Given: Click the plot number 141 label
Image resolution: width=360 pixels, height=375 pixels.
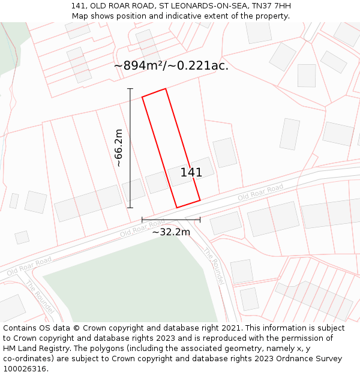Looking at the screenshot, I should click(191, 173).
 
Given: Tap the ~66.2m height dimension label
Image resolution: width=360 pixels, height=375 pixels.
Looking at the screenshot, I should click(118, 148).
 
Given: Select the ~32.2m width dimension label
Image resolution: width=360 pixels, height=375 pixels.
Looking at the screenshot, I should click(170, 232).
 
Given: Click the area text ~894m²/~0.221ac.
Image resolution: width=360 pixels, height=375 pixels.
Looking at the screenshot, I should click(171, 66).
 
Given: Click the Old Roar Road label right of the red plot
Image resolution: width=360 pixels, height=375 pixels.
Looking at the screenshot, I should click(260, 193).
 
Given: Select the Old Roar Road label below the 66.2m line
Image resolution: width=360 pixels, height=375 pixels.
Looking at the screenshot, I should click(142, 228).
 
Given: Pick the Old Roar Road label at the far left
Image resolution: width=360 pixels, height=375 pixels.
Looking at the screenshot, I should click(29, 267).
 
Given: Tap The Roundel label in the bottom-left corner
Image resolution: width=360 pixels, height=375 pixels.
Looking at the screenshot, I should click(40, 297).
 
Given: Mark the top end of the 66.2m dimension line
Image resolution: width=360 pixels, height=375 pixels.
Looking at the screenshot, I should click(130, 89).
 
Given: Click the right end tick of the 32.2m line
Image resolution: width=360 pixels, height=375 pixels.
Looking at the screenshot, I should click(200, 220).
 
